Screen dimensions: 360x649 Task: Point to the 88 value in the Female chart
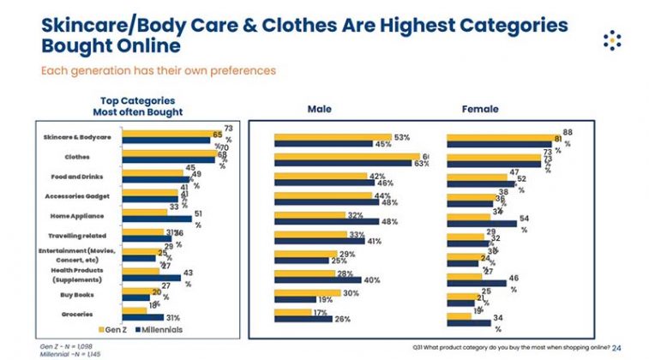point(568,131)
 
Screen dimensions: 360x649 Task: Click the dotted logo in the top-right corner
point(611,39)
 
